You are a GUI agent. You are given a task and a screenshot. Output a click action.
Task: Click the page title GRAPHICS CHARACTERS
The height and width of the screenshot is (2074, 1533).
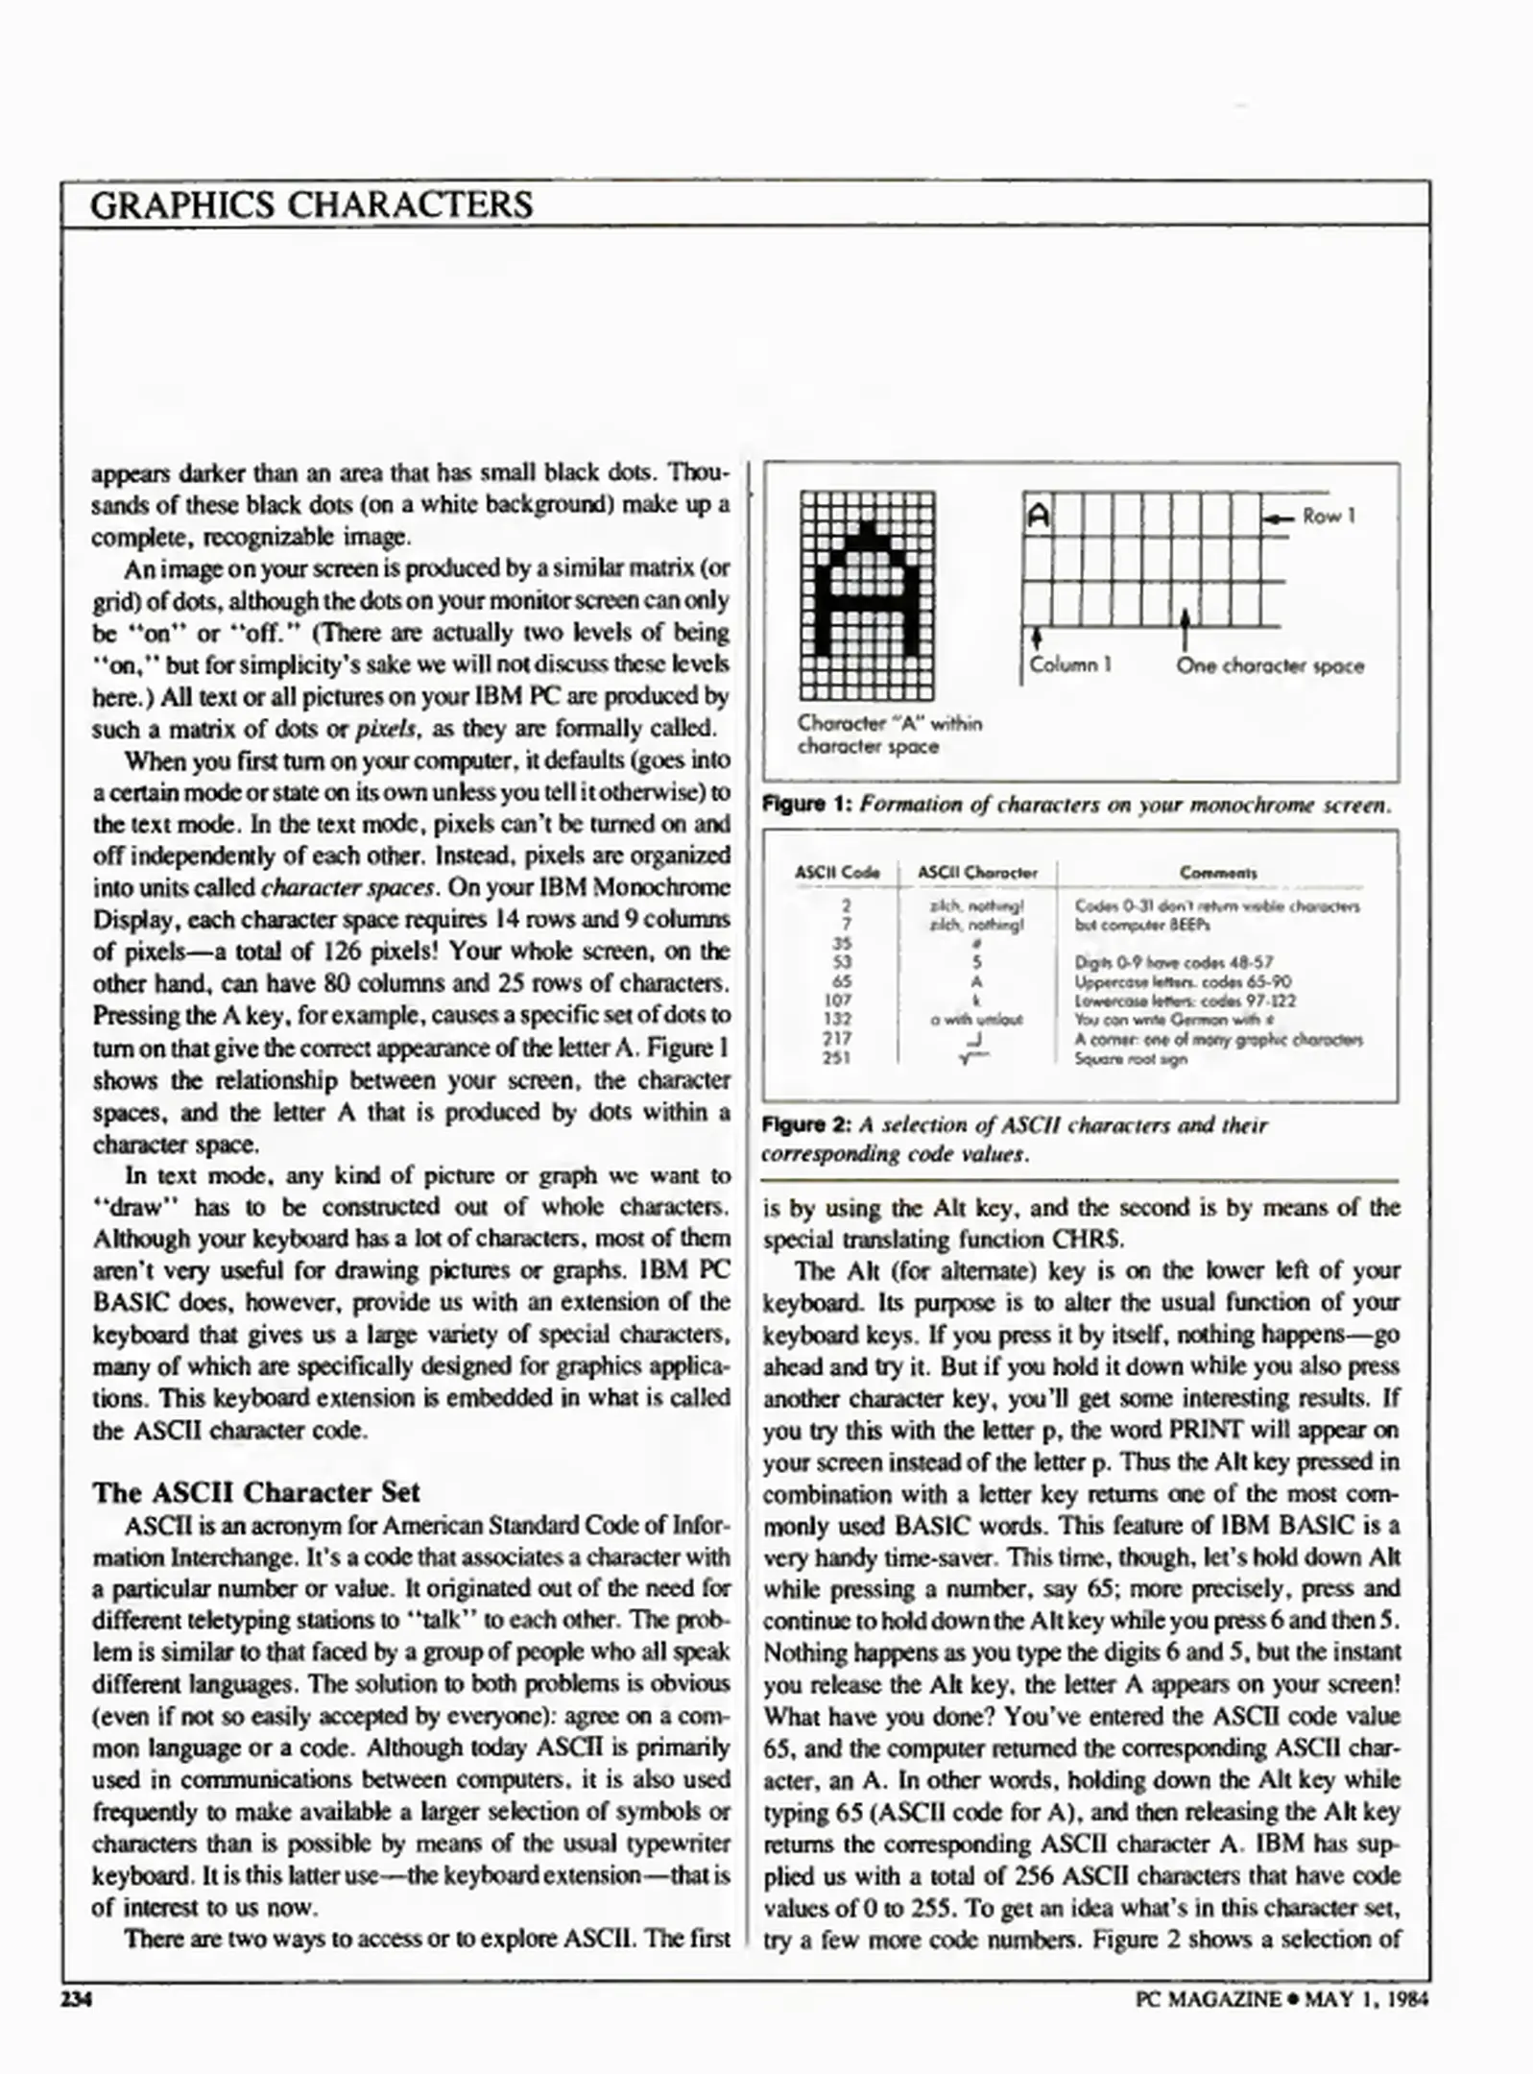(x=311, y=205)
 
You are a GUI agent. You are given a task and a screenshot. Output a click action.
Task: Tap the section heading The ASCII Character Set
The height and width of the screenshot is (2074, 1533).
(x=256, y=1492)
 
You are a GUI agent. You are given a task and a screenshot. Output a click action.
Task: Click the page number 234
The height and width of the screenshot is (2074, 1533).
(x=76, y=2000)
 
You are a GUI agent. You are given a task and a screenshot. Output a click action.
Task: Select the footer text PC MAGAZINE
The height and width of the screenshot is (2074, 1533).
(x=1208, y=2000)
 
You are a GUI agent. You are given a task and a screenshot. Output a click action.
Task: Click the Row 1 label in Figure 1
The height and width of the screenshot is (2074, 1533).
(x=1329, y=517)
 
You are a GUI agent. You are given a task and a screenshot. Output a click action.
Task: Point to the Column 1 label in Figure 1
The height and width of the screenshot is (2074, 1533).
(x=1070, y=664)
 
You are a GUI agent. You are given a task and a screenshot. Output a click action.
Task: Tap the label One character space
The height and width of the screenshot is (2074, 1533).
(x=1269, y=665)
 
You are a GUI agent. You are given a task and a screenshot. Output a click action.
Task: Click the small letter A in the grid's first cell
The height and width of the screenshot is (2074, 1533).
(x=1038, y=517)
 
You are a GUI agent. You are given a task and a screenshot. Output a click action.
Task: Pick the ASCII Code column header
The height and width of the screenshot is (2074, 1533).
(x=837, y=873)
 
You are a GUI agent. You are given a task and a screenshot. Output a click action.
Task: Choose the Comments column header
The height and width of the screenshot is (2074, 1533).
(x=1217, y=873)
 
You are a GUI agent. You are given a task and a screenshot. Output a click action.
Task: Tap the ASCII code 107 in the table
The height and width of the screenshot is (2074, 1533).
(x=837, y=1000)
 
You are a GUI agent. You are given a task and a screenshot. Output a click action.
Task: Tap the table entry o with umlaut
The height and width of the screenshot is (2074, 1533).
(x=977, y=1020)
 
